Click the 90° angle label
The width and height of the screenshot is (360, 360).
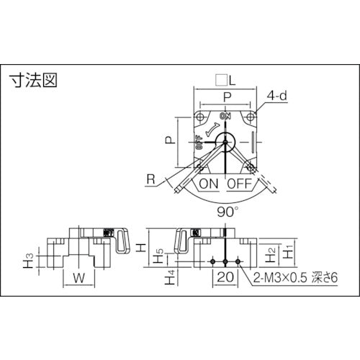point(226,212)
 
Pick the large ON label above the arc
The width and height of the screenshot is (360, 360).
point(209,184)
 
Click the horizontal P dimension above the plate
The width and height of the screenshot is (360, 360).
point(226,96)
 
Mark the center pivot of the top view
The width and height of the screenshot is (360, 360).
point(226,142)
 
